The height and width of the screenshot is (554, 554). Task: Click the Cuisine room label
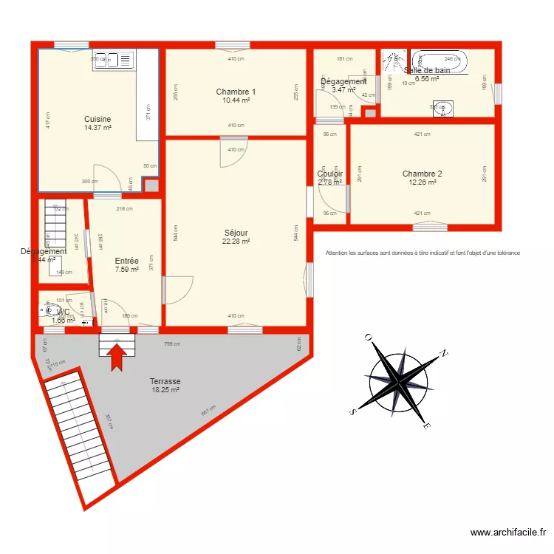98,119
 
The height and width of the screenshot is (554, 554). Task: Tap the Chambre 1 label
236,92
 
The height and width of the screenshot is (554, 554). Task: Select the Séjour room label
236,232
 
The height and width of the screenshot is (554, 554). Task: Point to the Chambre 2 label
422,174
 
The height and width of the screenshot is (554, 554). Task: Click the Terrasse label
165,381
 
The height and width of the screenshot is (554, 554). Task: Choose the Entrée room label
126,261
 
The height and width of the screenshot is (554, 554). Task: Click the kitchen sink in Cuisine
112,60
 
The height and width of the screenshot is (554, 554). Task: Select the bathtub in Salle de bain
440,61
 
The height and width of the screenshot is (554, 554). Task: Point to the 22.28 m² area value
236,241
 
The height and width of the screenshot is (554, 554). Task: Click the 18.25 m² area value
165,390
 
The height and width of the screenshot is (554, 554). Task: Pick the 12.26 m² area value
422,182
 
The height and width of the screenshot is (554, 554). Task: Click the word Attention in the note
339,253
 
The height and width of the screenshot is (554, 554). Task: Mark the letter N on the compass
444,353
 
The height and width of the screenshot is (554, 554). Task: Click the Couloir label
330,174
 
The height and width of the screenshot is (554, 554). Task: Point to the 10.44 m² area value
236,100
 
